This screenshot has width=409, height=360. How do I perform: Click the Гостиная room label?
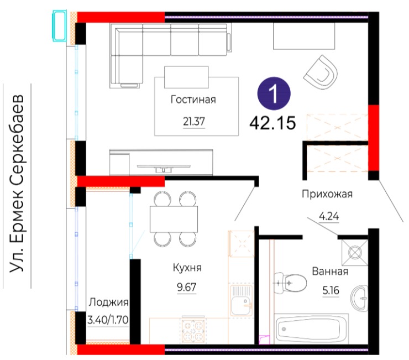click(x=193, y=100)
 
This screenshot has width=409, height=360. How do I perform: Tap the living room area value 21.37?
click(x=194, y=122)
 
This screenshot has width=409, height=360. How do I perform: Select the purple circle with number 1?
click(x=274, y=93)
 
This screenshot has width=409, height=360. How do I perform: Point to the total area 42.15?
click(x=272, y=123)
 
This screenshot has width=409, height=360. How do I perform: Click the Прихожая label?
click(x=327, y=194)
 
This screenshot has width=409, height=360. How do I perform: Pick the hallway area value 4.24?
click(x=329, y=216)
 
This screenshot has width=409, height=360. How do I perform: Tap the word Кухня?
click(x=187, y=268)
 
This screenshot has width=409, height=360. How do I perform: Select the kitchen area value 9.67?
click(x=186, y=287)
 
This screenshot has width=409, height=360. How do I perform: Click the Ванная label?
click(x=330, y=272)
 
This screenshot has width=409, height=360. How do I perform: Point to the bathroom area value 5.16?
click(x=331, y=290)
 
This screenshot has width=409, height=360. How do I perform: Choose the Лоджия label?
click(x=108, y=302)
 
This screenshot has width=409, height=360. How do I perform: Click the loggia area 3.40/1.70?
click(x=108, y=320)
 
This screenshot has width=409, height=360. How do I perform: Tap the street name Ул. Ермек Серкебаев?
click(x=17, y=184)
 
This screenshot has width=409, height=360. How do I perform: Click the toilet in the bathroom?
click(x=290, y=283)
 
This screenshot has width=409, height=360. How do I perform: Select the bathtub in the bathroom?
click(x=311, y=328)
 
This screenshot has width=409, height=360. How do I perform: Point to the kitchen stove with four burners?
click(x=193, y=330)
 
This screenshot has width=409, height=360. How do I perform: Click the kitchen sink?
click(x=242, y=300)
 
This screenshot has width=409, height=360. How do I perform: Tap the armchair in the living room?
click(x=321, y=72)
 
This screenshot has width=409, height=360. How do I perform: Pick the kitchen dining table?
click(x=174, y=219)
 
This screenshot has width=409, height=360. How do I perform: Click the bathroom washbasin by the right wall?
click(x=359, y=298)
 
